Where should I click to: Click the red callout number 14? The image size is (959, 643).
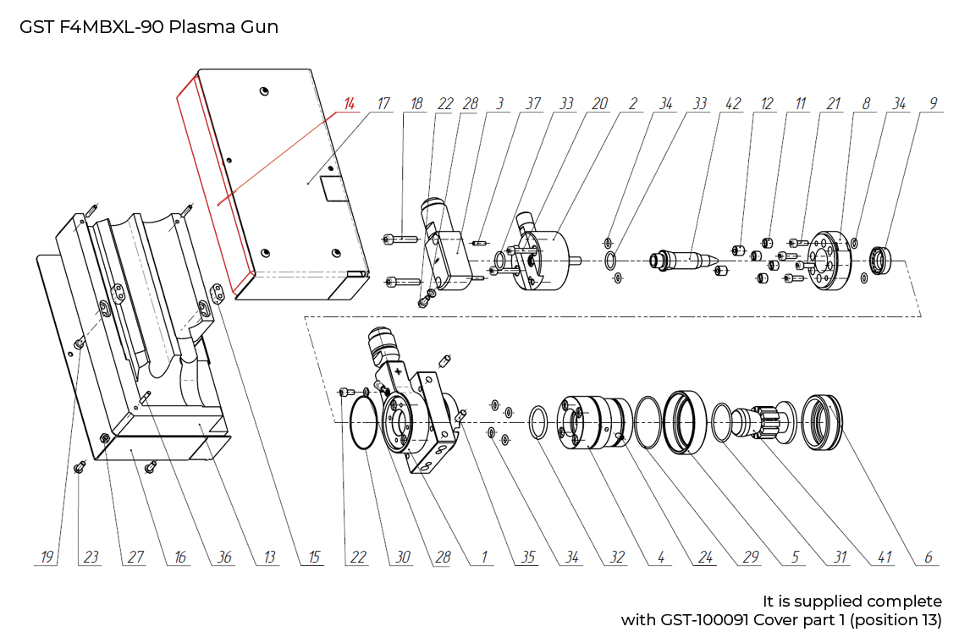(x=349, y=104)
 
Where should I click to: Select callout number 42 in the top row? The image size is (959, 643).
(x=733, y=104)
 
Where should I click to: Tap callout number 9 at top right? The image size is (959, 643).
(x=933, y=104)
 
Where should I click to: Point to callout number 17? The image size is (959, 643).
(x=383, y=104)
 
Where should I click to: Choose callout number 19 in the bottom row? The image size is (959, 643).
(x=47, y=558)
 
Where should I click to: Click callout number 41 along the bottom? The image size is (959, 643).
(x=885, y=558)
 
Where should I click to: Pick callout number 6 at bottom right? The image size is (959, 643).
(x=929, y=558)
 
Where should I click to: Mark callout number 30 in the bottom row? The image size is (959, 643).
(x=402, y=558)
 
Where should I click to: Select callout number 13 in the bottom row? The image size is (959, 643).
(x=269, y=558)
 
